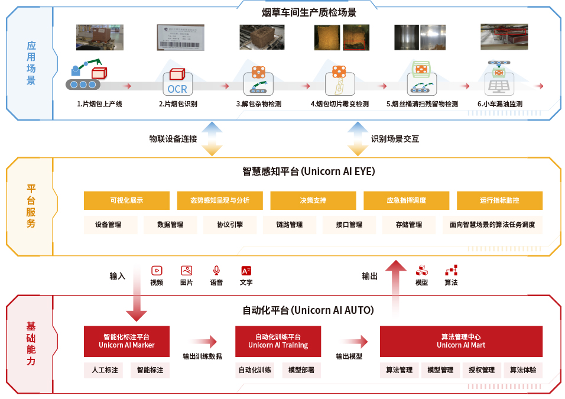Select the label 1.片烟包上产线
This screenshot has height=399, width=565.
click(x=99, y=104)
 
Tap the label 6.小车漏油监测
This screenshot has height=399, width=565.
click(x=499, y=104)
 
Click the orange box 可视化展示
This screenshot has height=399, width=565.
click(x=126, y=200)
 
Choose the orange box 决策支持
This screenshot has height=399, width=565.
click(x=313, y=200)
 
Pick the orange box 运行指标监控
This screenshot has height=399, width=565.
click(x=499, y=200)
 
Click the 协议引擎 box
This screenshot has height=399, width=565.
click(x=229, y=225)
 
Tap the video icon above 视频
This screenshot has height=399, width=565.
click(x=157, y=271)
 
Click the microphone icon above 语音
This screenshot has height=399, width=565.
click(x=216, y=271)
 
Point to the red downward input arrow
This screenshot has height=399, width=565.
click(x=137, y=296)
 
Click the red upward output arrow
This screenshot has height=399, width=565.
click(x=396, y=284)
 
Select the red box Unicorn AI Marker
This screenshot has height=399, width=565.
click(x=126, y=341)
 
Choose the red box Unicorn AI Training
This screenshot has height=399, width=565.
click(x=278, y=341)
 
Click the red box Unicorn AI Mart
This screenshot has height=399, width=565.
click(x=461, y=341)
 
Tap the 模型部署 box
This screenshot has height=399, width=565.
click(x=301, y=370)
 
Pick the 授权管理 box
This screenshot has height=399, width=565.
click(x=481, y=370)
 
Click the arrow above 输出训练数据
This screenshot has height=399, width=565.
click(x=203, y=341)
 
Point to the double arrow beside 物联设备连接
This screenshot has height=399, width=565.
click(x=212, y=138)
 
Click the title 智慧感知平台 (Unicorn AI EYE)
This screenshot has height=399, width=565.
click(x=309, y=172)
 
